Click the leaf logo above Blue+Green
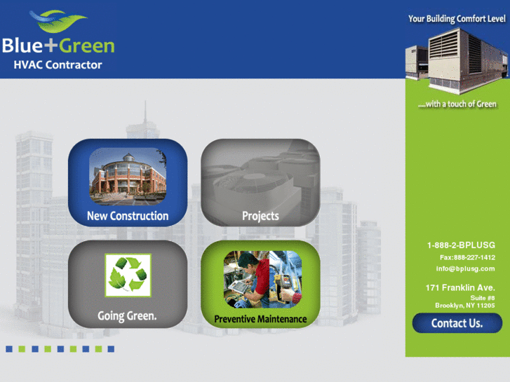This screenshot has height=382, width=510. coord(58,21)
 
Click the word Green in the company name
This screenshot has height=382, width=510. coord(86,46)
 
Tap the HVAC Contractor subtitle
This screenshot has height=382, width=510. coord(58,64)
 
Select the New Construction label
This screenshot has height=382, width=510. coord(128,216)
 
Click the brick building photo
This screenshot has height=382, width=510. coord(128,176)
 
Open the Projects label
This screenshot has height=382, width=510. coord(260,216)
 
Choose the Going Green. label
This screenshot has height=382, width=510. coord(127,315)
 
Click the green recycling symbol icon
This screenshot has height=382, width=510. coord(128,275)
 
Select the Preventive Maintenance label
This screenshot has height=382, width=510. coord(260,319)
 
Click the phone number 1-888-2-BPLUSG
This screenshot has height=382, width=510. coord(461,245)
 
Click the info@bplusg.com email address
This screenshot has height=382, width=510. coord(465,268)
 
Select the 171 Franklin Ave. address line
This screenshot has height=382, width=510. coord(460,287)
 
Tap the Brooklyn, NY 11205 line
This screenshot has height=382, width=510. coord(465,306)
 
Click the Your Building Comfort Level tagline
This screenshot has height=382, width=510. coord(457,19)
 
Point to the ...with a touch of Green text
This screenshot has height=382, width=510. coord(457,104)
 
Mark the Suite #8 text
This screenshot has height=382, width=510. coord(483,298)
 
